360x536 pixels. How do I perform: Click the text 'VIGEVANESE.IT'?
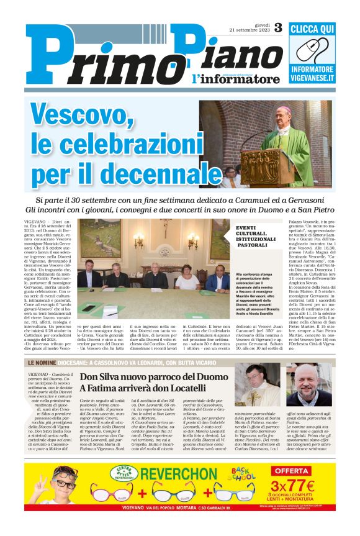tap(313, 81)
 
